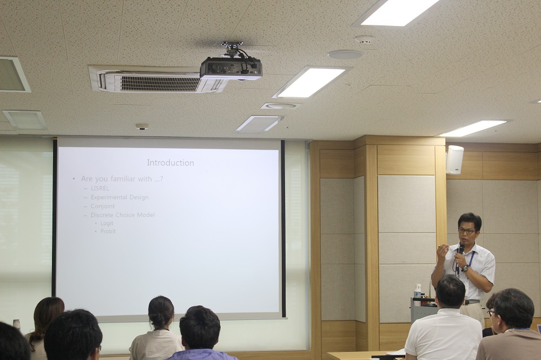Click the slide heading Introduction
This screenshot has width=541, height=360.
tap(170, 163)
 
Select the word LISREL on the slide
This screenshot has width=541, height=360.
tap(100, 188)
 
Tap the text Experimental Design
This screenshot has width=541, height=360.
tap(120, 197)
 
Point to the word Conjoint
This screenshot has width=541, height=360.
tap(102, 206)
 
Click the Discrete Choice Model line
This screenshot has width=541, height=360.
tap(122, 215)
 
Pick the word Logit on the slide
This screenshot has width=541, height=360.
tap(107, 223)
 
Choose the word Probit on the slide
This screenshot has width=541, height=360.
tap(108, 231)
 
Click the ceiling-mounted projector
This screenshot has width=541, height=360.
tap(231, 66)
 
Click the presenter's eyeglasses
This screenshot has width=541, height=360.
tap(467, 231)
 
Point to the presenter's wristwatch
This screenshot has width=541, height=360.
tap(465, 268)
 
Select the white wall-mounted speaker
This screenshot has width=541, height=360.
tap(454, 159)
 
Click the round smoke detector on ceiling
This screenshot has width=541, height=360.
tap(365, 39)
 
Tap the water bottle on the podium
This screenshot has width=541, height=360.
tap(418, 290)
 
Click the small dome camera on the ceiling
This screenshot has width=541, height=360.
tap(142, 126)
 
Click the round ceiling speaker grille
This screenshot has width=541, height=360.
tap(345, 55)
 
